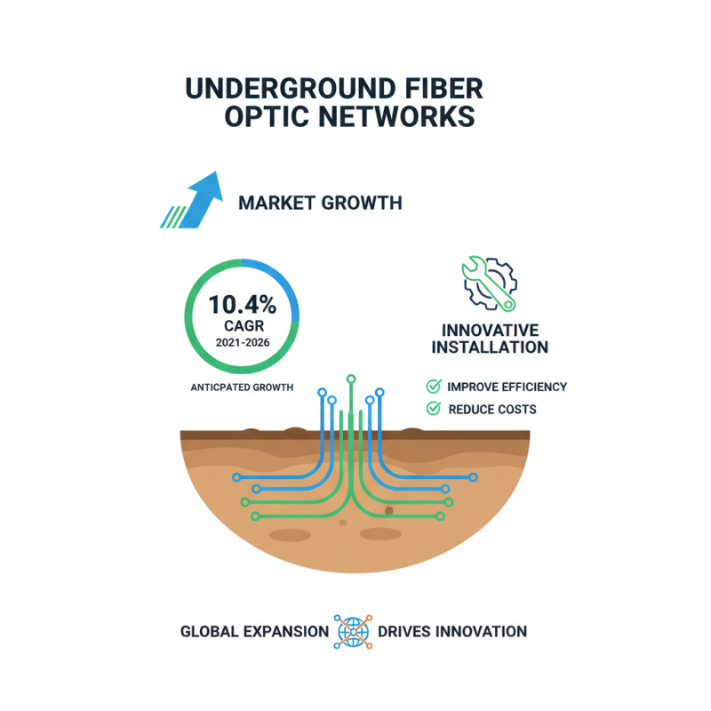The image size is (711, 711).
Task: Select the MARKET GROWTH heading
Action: (x=320, y=204)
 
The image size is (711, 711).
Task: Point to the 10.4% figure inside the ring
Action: (x=243, y=304)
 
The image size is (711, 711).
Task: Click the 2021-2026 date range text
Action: (x=243, y=343)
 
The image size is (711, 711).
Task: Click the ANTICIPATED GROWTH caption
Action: (x=243, y=387)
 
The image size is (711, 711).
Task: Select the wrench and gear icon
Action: (x=489, y=284)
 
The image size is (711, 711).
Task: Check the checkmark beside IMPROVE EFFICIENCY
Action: (x=434, y=387)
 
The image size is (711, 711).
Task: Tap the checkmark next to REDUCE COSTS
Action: (x=434, y=409)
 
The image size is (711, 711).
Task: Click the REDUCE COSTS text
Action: (x=492, y=410)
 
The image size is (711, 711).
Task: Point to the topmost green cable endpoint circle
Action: (x=351, y=379)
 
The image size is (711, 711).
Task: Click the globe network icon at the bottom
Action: (x=352, y=632)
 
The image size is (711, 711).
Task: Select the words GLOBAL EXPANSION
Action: (x=254, y=632)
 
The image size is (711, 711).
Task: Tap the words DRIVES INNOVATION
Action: (x=451, y=632)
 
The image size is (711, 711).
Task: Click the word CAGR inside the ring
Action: (x=243, y=326)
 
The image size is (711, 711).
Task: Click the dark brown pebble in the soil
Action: (x=388, y=511)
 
